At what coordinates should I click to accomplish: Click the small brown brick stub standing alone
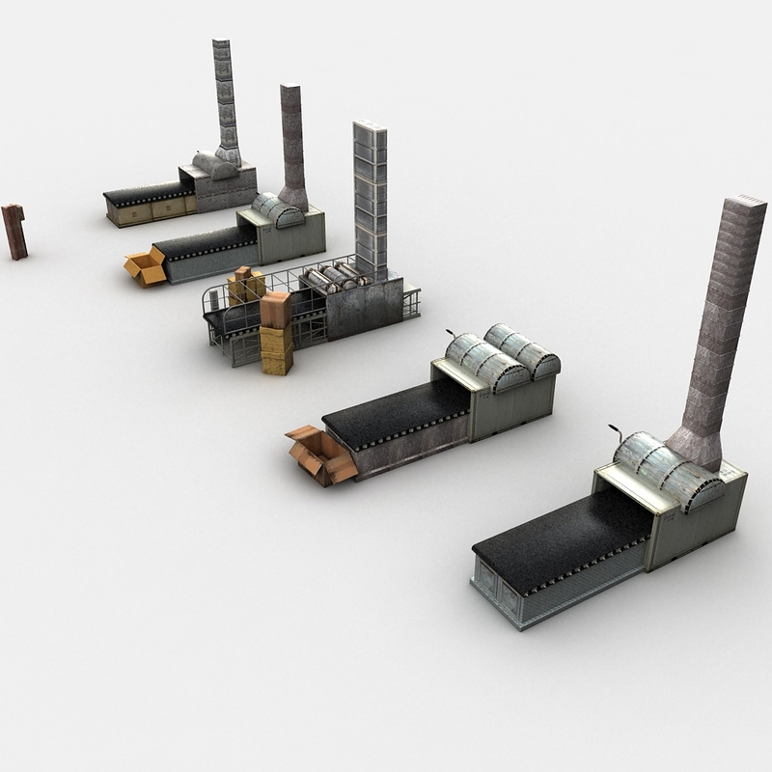[x=14, y=232]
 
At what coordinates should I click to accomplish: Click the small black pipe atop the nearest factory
[x=614, y=430]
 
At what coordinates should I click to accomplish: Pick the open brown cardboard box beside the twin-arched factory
[x=321, y=455]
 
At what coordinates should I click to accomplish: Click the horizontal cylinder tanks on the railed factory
[x=333, y=277]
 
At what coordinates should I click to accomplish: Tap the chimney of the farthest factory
[x=225, y=96]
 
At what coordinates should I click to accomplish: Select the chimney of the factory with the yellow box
[x=292, y=145]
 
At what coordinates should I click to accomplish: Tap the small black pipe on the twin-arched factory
[x=450, y=335]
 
